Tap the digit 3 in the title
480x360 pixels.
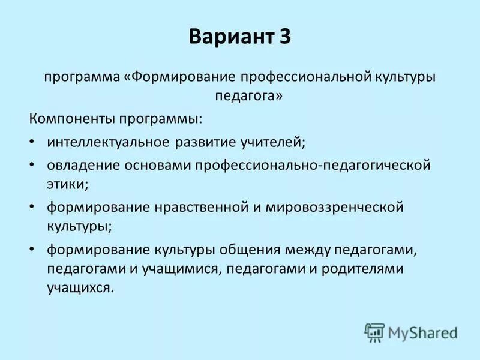284,38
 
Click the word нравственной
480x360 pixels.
199,208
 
